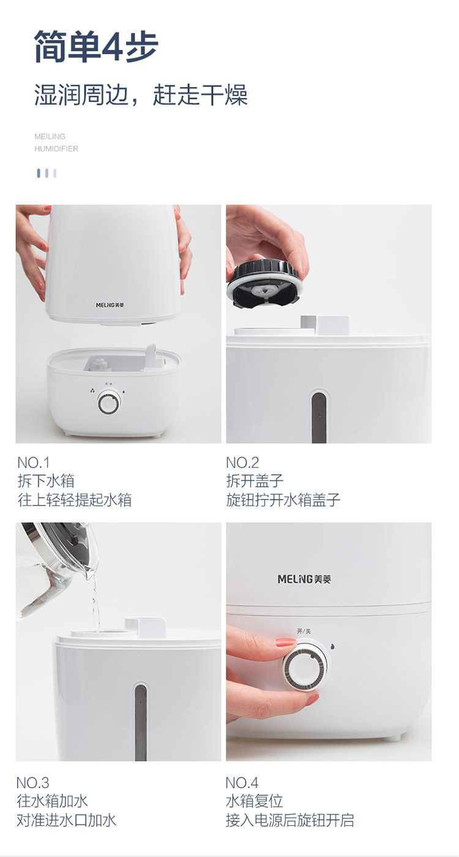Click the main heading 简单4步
click(x=96, y=47)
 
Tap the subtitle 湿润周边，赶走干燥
click(x=141, y=94)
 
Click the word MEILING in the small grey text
click(x=50, y=136)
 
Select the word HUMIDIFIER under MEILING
click(x=56, y=148)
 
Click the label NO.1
click(x=34, y=463)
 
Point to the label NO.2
click(x=242, y=463)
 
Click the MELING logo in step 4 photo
click(x=305, y=579)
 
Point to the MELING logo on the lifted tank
click(x=110, y=305)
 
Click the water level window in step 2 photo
click(x=319, y=416)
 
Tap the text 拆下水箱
click(x=46, y=481)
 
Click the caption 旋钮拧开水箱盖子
click(x=283, y=500)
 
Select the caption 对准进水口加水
click(x=67, y=820)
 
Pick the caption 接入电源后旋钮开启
click(x=290, y=820)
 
